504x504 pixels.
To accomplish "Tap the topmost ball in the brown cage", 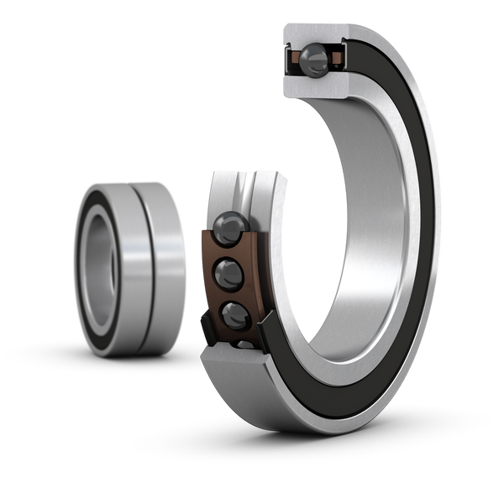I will [228, 226].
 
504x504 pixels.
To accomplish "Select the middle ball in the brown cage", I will [230, 272].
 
